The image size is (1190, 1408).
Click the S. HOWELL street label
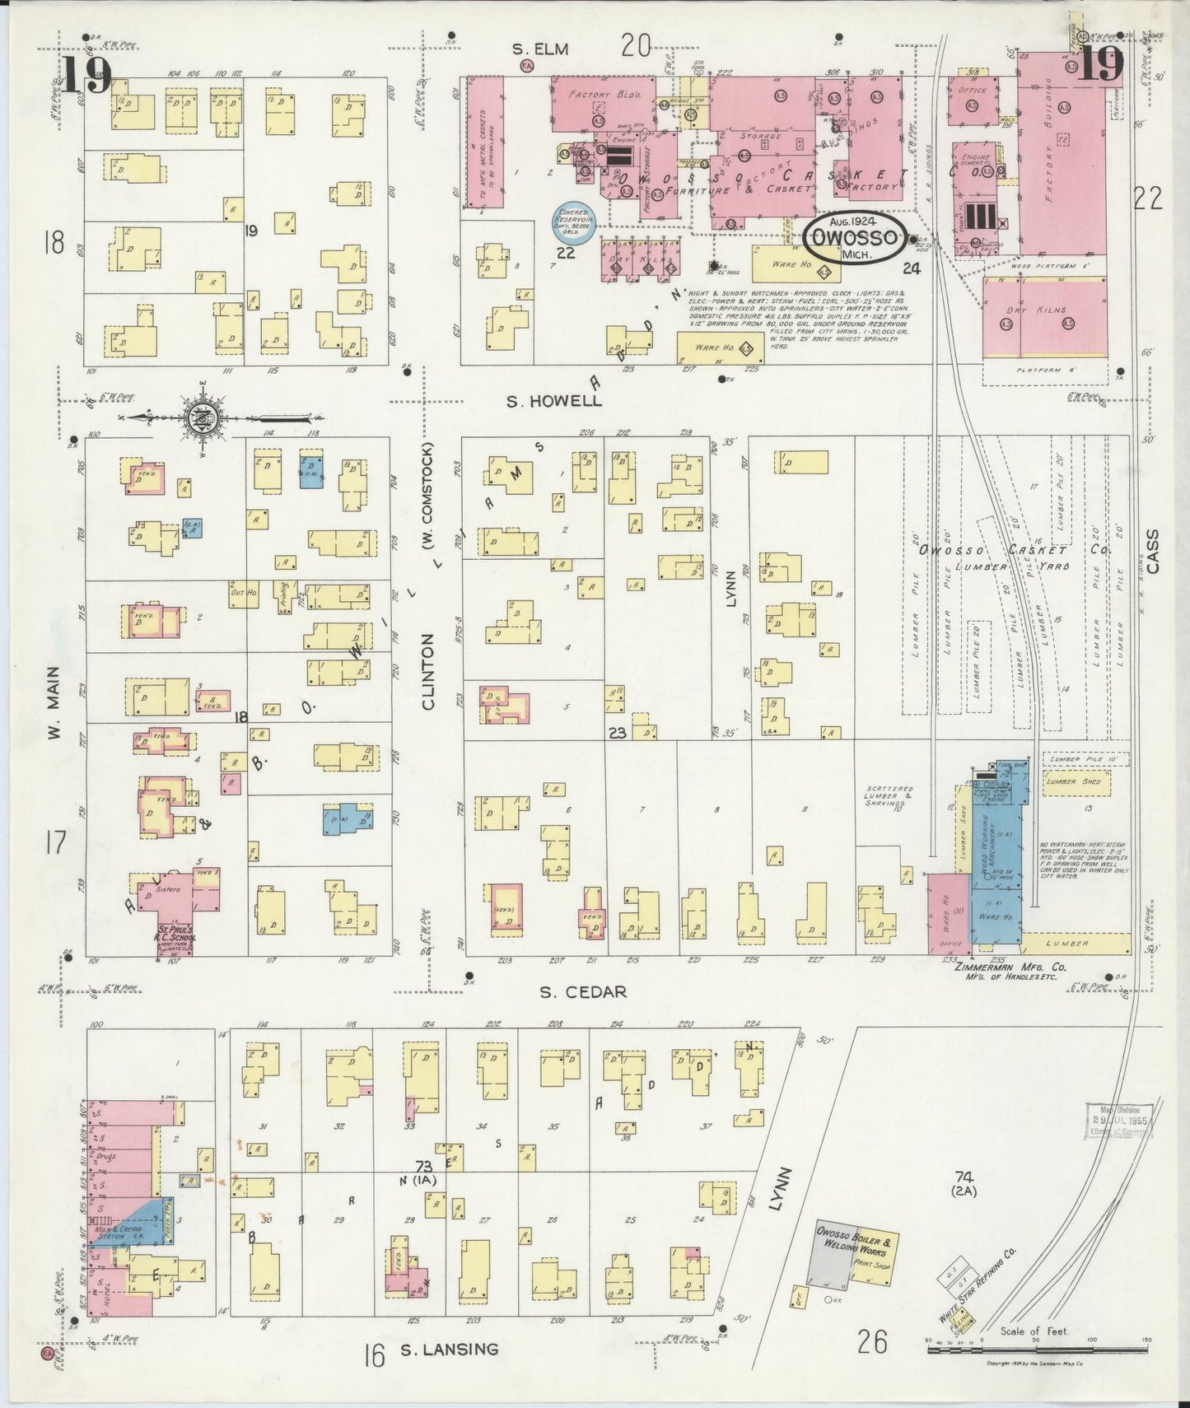coord(553,401)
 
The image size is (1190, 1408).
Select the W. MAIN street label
coord(55,702)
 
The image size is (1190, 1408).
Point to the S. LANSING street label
coord(449,1349)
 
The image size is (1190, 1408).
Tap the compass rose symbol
coord(201,417)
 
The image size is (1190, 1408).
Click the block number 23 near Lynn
coord(618,731)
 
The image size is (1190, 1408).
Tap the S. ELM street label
coord(540,49)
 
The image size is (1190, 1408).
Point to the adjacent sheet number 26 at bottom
coord(871,1342)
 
